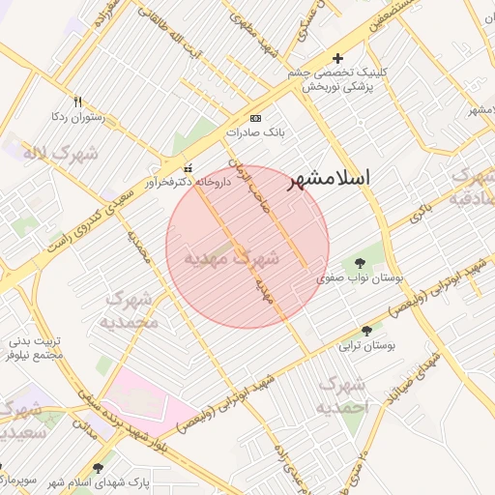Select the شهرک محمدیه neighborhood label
point(130,309)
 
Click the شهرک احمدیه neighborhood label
point(342,395)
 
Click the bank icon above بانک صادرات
point(255,118)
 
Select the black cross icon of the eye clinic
point(337,58)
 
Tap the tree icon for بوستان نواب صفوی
point(360,263)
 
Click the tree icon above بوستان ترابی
point(365,331)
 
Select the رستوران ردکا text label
point(76,115)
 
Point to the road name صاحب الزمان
point(248,174)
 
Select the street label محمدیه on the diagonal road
point(138,247)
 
